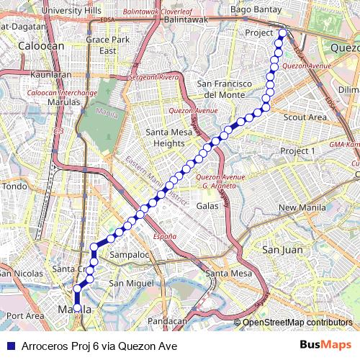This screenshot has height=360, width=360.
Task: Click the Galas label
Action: click(207, 206)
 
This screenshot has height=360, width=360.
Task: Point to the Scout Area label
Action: click(305, 117)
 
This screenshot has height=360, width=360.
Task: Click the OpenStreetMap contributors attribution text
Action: click(297, 322)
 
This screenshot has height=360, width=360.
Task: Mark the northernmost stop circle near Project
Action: click(282, 32)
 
